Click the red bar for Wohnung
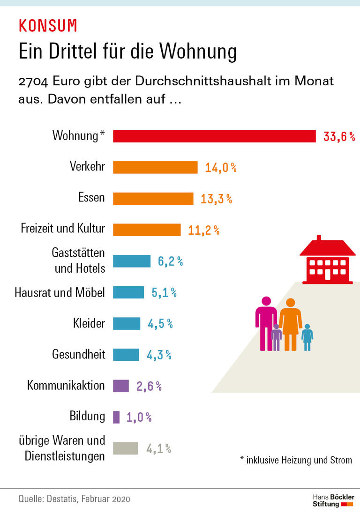coord(214,136)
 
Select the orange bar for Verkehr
coord(155,167)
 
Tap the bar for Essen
coord(153,198)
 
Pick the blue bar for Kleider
coord(127,323)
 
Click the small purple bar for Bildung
coord(116,417)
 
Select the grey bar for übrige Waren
coord(126,448)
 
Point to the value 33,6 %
coord(339,137)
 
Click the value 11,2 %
coord(203,230)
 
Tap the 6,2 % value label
coord(170,261)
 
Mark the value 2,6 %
coord(149,386)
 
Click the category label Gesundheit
coord(78,354)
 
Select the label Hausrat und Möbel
coord(60,292)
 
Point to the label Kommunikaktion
coord(66,386)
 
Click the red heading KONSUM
coord(48,26)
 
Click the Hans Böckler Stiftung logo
coord(333,500)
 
